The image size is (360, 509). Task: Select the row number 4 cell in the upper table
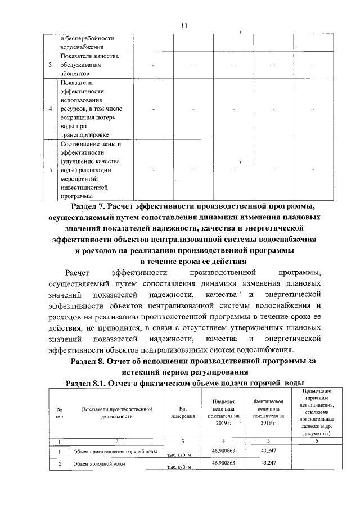(51, 109)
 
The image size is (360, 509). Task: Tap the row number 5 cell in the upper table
(51, 169)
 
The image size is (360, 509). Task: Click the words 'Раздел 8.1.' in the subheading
(87, 382)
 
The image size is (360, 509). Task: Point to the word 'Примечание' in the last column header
(316, 390)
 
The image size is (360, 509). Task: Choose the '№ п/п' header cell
(59, 412)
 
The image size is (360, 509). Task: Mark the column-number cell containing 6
(316, 441)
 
